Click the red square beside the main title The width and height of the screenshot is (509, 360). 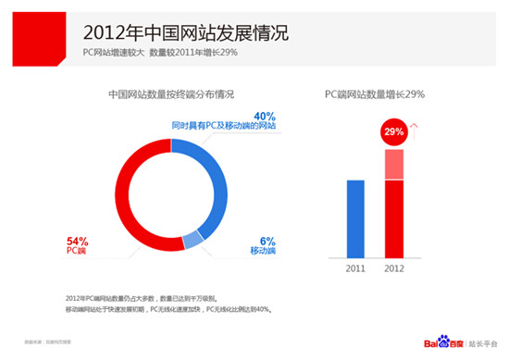click(28, 30)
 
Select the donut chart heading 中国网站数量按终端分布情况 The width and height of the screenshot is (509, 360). click(171, 94)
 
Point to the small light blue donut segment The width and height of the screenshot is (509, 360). click(192, 242)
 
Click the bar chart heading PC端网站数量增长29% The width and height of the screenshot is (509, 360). click(387, 94)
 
